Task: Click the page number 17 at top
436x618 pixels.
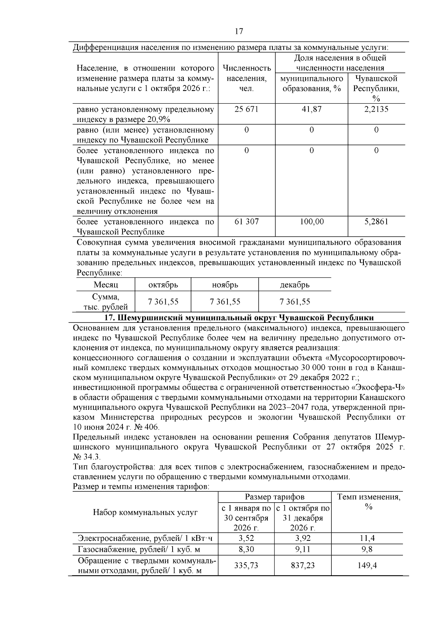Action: point(239,31)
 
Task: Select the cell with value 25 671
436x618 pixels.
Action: point(246,109)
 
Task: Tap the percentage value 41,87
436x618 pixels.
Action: point(311,109)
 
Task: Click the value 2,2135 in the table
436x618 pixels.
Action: point(376,109)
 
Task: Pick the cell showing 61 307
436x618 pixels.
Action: point(246,222)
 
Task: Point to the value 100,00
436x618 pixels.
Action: point(311,222)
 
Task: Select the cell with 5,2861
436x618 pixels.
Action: point(376,222)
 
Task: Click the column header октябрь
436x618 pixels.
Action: point(163,285)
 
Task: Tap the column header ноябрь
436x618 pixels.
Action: point(225,285)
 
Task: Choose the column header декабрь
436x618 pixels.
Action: point(295,285)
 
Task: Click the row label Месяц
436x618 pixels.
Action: point(106,285)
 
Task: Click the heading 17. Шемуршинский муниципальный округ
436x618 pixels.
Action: point(239,318)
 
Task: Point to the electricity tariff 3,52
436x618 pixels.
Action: point(246,538)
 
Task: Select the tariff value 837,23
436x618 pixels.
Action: point(303,565)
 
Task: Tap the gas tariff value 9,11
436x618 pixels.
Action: point(303,549)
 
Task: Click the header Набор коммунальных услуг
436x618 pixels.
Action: point(145,512)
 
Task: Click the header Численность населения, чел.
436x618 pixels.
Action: point(246,78)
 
